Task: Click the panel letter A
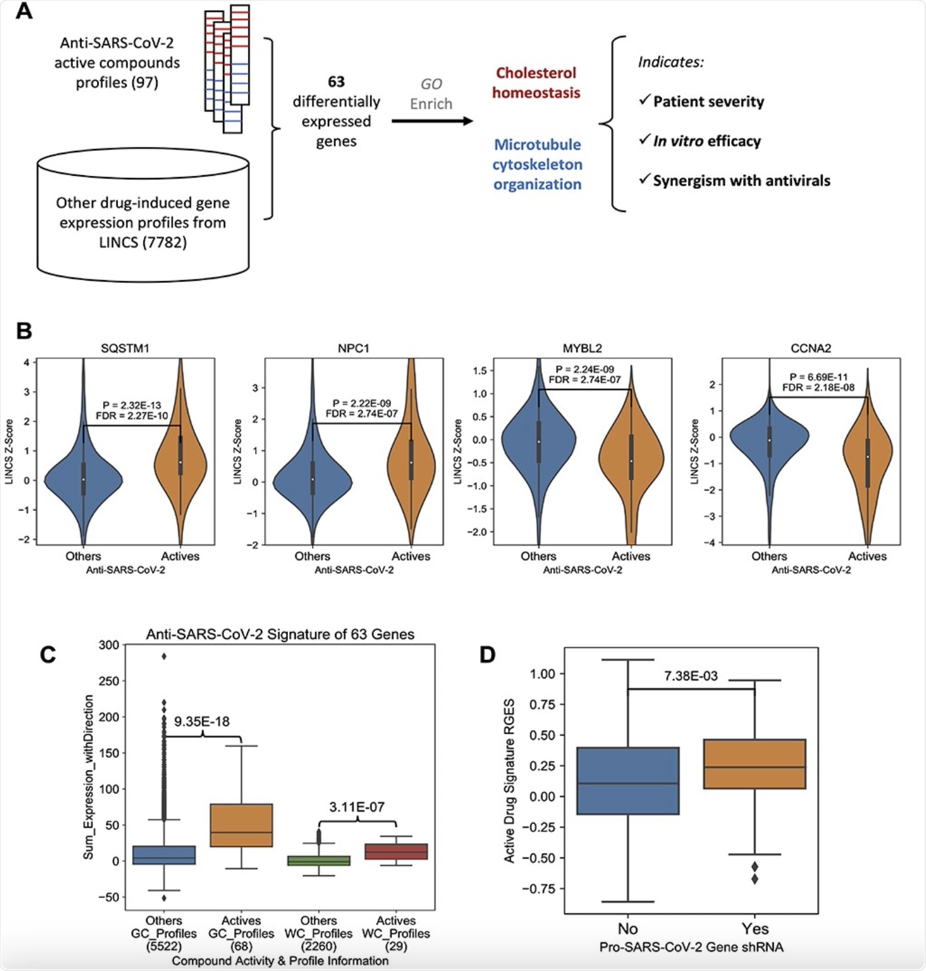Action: pyautogui.click(x=24, y=11)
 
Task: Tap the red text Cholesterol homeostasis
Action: pyautogui.click(x=536, y=83)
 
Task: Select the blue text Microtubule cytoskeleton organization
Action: pyautogui.click(x=537, y=164)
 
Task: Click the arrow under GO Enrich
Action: pyautogui.click(x=432, y=121)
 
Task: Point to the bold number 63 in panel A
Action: pyautogui.click(x=336, y=82)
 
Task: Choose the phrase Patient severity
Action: pyautogui.click(x=708, y=102)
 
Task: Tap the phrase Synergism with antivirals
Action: pyautogui.click(x=741, y=180)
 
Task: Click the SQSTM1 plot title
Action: pyautogui.click(x=125, y=348)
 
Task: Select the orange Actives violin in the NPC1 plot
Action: pyautogui.click(x=411, y=459)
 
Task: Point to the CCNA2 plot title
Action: pyautogui.click(x=811, y=348)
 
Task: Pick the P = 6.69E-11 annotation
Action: pyautogui.click(x=818, y=377)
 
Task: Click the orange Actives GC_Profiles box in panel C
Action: pyautogui.click(x=241, y=825)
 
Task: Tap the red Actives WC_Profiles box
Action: pyautogui.click(x=396, y=852)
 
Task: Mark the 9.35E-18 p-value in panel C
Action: pyautogui.click(x=202, y=722)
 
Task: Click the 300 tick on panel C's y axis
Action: pyautogui.click(x=109, y=645)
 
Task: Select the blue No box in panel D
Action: pyautogui.click(x=628, y=781)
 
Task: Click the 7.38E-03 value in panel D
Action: pyautogui.click(x=691, y=676)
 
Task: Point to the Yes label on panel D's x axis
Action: pyautogui.click(x=755, y=928)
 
